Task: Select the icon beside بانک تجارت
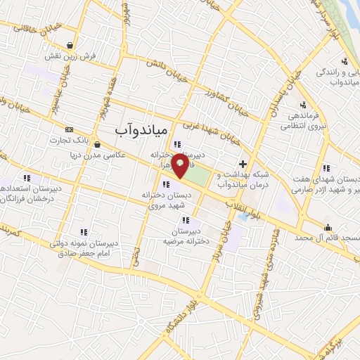[x=69, y=129]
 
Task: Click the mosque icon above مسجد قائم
[x=328, y=227]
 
